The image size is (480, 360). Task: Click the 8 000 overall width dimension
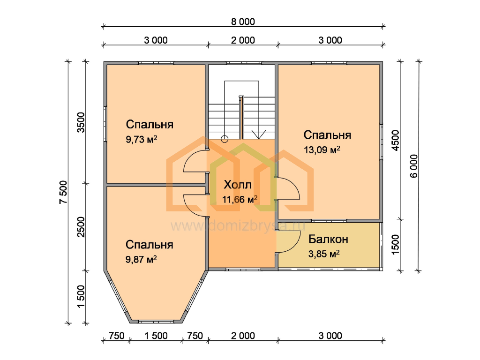pyautogui.click(x=243, y=22)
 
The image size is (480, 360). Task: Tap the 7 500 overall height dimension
pyautogui.click(x=63, y=192)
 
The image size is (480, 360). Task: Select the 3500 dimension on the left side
pyautogui.click(x=81, y=122)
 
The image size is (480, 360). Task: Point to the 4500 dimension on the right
pyautogui.click(x=396, y=140)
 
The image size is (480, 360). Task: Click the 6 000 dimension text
pyautogui.click(x=414, y=166)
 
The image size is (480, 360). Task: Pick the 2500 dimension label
pyautogui.click(x=81, y=227)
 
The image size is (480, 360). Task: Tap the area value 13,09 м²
pyautogui.click(x=322, y=150)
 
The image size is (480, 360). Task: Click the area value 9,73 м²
pyautogui.click(x=142, y=140)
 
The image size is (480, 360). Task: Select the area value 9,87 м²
pyautogui.click(x=141, y=260)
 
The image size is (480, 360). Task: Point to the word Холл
pyautogui.click(x=238, y=185)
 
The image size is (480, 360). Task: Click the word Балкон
pyautogui.click(x=328, y=239)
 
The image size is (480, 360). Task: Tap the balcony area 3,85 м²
pyautogui.click(x=324, y=254)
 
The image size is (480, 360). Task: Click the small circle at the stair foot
pyautogui.click(x=225, y=139)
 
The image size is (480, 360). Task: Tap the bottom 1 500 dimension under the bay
pyautogui.click(x=156, y=336)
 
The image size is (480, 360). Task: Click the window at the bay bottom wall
pyautogui.click(x=156, y=322)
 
